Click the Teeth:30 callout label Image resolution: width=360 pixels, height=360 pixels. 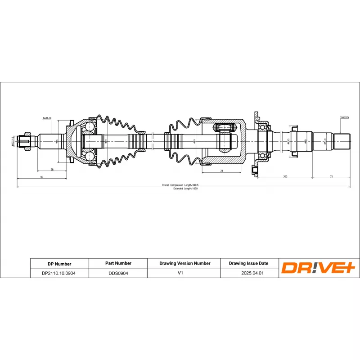click(x=47, y=118)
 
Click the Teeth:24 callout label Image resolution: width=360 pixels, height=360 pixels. click(x=345, y=117)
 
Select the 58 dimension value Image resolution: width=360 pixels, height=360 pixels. click(x=52, y=170)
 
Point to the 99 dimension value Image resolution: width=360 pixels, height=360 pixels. click(x=41, y=177)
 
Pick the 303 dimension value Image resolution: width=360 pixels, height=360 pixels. click(x=285, y=177)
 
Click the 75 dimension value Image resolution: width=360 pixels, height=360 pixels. click(x=331, y=177)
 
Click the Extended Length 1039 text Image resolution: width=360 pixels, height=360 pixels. click(x=185, y=189)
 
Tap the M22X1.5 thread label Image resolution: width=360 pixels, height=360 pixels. click(x=13, y=142)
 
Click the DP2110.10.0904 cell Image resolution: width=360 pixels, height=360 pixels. click(x=59, y=273)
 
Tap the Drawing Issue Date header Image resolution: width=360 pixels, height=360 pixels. click(x=248, y=263)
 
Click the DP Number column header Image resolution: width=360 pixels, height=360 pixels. click(x=59, y=264)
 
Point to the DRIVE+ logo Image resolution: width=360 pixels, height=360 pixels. click(x=318, y=268)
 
